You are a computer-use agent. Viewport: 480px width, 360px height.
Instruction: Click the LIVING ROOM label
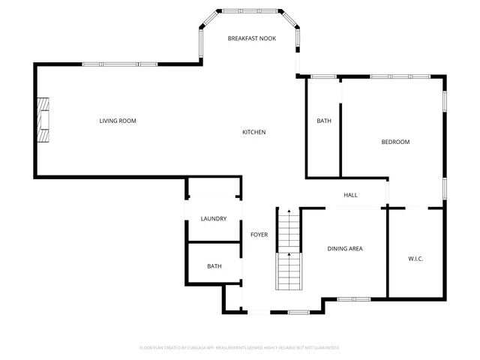(x=118, y=121)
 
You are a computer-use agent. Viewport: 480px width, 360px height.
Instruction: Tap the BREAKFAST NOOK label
(x=252, y=37)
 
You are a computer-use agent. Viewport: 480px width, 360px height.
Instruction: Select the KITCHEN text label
(x=253, y=133)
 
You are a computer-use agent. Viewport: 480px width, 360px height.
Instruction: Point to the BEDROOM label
(x=395, y=142)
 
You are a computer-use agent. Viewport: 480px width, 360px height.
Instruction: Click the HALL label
(x=350, y=195)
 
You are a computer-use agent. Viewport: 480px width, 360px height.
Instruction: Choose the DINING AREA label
(x=345, y=248)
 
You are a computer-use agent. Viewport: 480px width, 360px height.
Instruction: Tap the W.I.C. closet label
(x=415, y=259)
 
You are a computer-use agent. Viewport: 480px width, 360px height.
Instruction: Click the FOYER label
(x=259, y=235)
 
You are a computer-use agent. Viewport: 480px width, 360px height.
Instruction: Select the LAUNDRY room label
(x=214, y=219)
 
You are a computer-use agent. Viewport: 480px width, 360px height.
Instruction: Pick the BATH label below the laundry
(x=214, y=266)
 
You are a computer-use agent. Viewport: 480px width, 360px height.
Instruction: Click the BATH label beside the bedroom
(x=324, y=121)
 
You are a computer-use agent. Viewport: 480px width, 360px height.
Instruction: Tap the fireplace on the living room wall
(x=44, y=121)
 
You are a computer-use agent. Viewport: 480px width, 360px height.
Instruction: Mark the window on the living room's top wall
(x=120, y=64)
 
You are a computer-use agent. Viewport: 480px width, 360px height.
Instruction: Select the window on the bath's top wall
(x=323, y=76)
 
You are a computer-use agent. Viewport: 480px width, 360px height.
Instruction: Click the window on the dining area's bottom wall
(x=354, y=298)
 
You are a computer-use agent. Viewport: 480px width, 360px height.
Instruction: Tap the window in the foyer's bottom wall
(x=298, y=312)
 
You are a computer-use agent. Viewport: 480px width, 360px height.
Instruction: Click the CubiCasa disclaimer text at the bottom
(x=239, y=348)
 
